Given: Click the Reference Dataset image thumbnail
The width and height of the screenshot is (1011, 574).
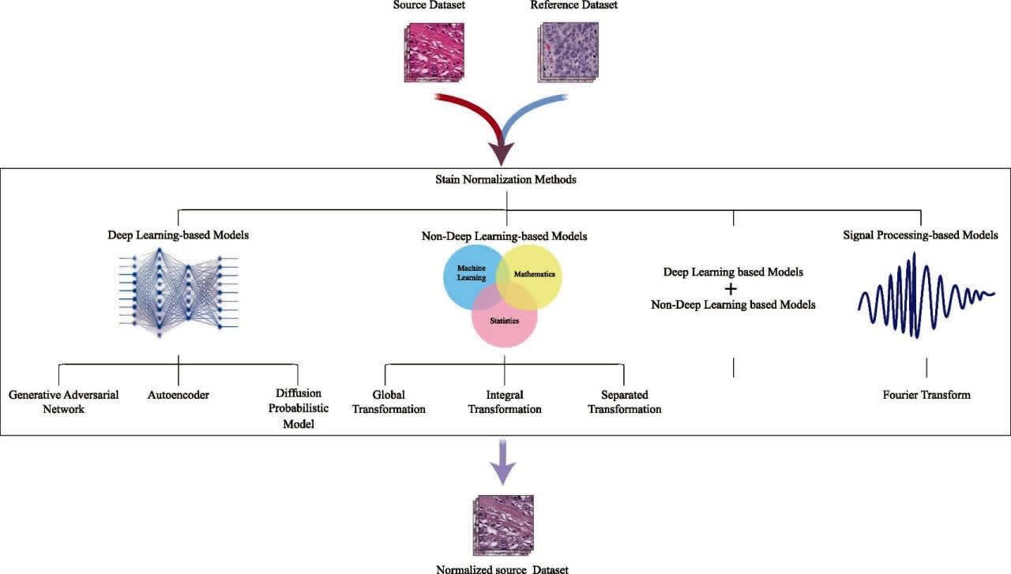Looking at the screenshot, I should point(569,52).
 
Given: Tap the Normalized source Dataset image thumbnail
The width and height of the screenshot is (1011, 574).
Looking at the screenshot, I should point(502,523).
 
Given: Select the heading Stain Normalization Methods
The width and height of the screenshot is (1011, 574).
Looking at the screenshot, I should point(506,179).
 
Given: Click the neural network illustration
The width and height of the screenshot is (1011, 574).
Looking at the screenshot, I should point(178,292).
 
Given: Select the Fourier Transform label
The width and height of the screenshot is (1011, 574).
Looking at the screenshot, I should point(926,395).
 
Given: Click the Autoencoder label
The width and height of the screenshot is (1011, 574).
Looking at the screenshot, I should point(179,395).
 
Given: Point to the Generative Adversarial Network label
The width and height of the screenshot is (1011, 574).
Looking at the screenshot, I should point(64,402).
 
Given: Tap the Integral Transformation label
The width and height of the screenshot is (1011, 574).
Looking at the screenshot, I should point(505,402).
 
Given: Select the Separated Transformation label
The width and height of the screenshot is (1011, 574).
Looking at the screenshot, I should point(624,402).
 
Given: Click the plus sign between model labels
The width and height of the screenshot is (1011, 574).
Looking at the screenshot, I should point(732,288).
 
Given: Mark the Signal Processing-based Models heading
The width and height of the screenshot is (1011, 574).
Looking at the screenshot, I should point(920,235).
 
